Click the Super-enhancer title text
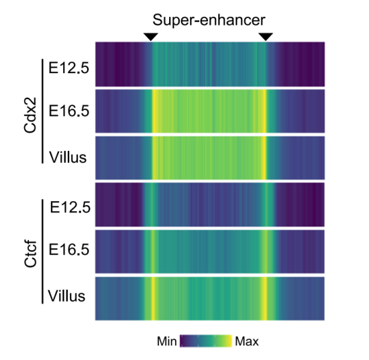209,20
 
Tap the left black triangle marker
150,36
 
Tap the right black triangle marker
266,36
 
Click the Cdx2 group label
30,115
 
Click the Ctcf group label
30,254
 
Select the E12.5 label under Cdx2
68,68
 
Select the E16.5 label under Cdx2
68,111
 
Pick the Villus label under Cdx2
68,157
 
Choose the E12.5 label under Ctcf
70,207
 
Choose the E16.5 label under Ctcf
68,249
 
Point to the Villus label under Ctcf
66,296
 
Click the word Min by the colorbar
166,341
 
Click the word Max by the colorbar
247,341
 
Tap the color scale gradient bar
206,341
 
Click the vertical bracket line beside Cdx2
42,111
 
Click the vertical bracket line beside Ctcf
42,251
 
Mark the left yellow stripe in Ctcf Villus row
153,298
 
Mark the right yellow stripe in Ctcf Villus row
265,298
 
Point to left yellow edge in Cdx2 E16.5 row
154,111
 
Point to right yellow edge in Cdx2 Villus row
264,158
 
